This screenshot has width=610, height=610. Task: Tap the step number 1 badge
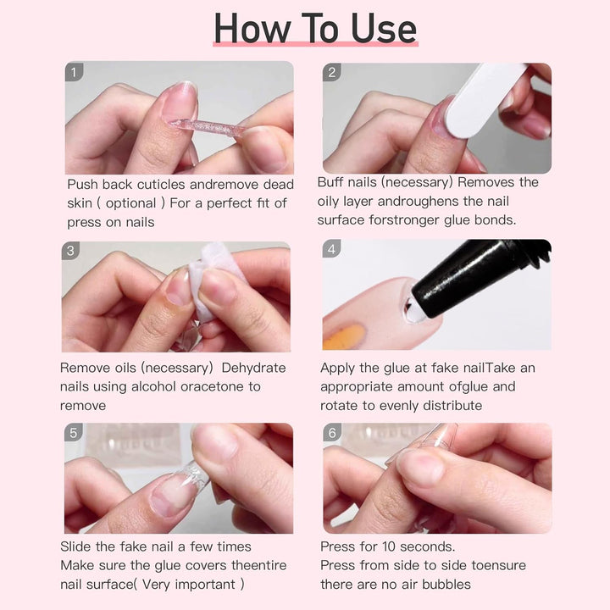(x=75, y=72)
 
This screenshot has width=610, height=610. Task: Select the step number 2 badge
(x=332, y=72)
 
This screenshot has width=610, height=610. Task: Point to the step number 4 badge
(x=332, y=249)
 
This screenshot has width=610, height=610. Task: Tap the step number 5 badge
(x=75, y=433)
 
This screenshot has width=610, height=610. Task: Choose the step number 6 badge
(x=332, y=433)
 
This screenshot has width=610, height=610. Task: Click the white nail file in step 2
(x=474, y=106)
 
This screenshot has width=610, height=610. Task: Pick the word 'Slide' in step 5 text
(x=79, y=546)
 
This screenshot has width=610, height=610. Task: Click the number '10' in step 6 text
(x=391, y=546)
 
